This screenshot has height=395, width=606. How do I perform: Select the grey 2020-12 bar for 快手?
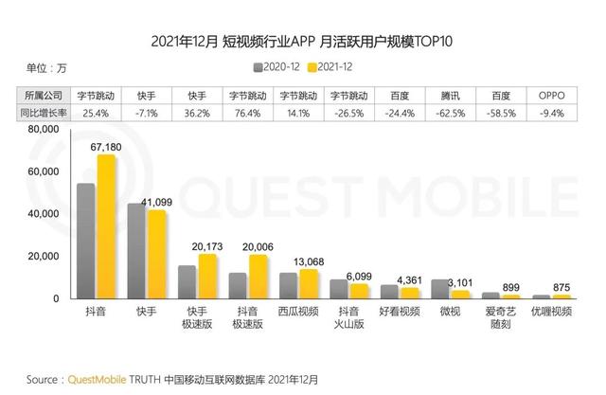point(136,251)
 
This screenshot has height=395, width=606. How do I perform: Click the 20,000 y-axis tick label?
point(42,257)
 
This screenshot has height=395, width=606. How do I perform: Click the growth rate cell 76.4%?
point(246,114)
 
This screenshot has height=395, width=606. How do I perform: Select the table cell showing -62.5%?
point(450,114)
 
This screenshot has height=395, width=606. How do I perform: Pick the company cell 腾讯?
point(450,96)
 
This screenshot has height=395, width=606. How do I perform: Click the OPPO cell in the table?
point(551,96)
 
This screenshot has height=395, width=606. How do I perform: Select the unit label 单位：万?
point(48,66)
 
